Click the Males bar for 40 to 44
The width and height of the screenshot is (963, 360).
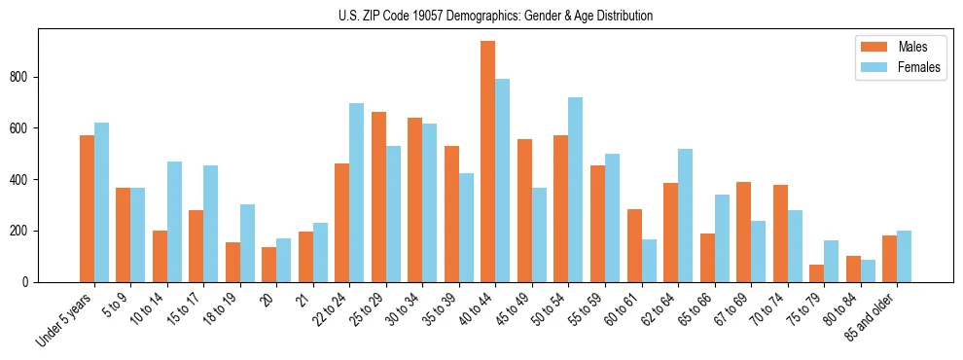click(x=488, y=162)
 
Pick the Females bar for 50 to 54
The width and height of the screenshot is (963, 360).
click(x=576, y=190)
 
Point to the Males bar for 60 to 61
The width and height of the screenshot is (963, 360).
click(x=634, y=245)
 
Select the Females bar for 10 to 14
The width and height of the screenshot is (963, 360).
click(x=174, y=222)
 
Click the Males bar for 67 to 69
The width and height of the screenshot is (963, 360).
click(x=743, y=232)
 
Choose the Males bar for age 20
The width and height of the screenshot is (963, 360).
click(x=269, y=265)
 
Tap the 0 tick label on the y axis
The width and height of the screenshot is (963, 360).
click(x=30, y=282)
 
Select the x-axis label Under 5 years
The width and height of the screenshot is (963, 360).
click(x=64, y=318)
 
